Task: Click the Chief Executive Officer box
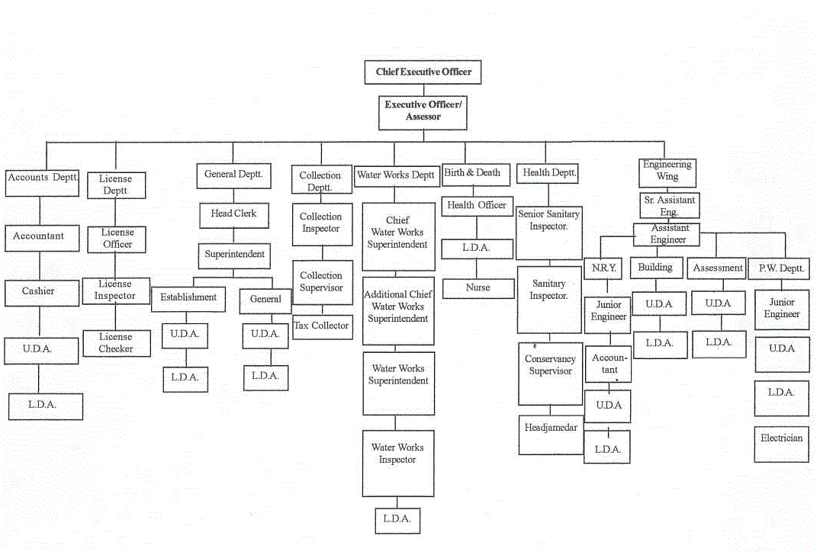423,72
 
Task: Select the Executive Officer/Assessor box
423,112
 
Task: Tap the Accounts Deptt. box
43,183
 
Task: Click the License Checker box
116,343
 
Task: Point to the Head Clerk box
234,215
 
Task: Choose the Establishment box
188,299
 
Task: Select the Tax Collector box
323,327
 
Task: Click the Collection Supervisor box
323,283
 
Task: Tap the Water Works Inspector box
398,463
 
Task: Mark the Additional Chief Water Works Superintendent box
398,310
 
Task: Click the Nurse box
478,288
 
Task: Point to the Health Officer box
477,206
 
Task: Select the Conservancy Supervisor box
550,374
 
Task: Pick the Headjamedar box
551,435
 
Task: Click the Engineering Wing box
667,173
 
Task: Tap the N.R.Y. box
603,268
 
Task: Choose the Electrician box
781,444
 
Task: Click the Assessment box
716,268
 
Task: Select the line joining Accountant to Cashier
40,265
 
